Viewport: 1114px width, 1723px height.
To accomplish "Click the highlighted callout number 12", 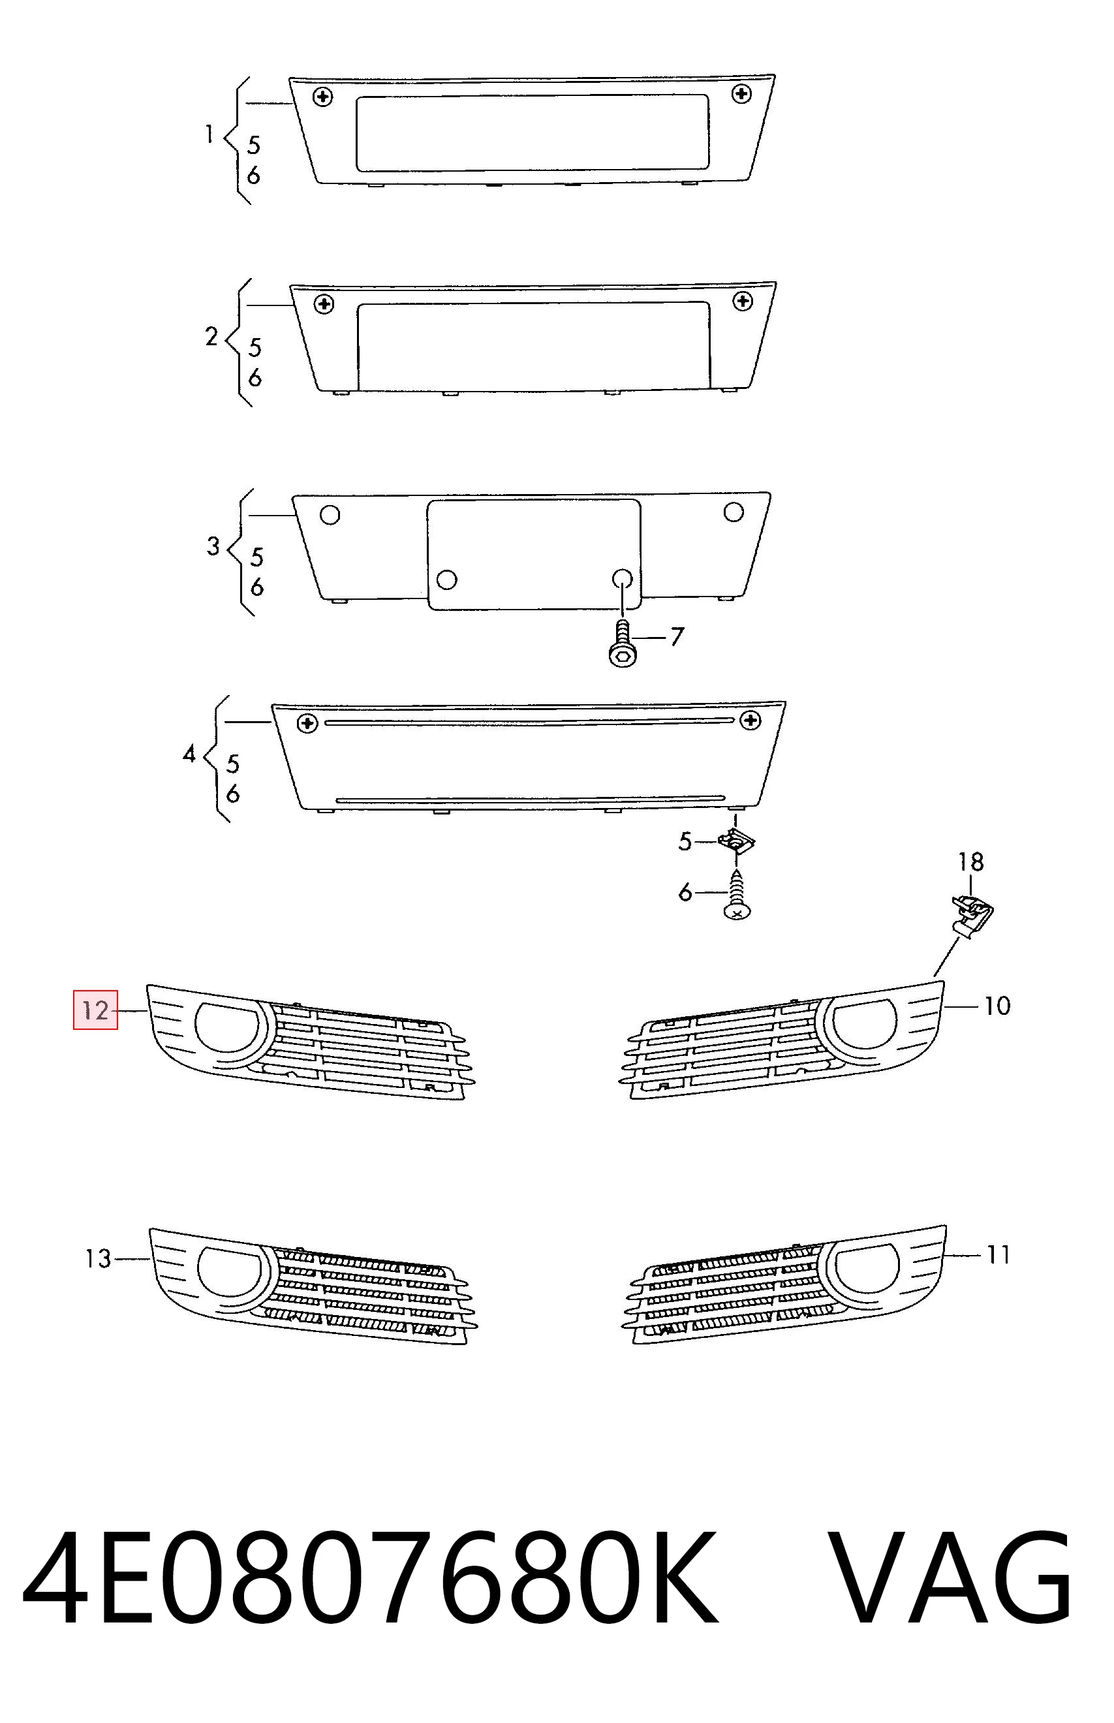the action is coord(95,1010).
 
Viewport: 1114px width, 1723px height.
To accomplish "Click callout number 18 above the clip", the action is coord(971,862).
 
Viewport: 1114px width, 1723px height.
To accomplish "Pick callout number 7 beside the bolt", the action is coord(676,636).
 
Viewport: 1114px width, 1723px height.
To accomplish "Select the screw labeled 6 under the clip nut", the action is coord(736,897).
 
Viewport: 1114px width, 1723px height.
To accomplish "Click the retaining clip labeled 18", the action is coord(972,915).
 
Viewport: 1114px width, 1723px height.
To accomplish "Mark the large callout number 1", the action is coord(209,134).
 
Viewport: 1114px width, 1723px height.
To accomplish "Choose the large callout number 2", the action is coord(211,336).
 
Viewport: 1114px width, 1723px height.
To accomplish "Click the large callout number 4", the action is coord(189,754).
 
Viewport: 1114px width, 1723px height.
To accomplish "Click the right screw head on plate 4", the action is coord(751,721).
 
